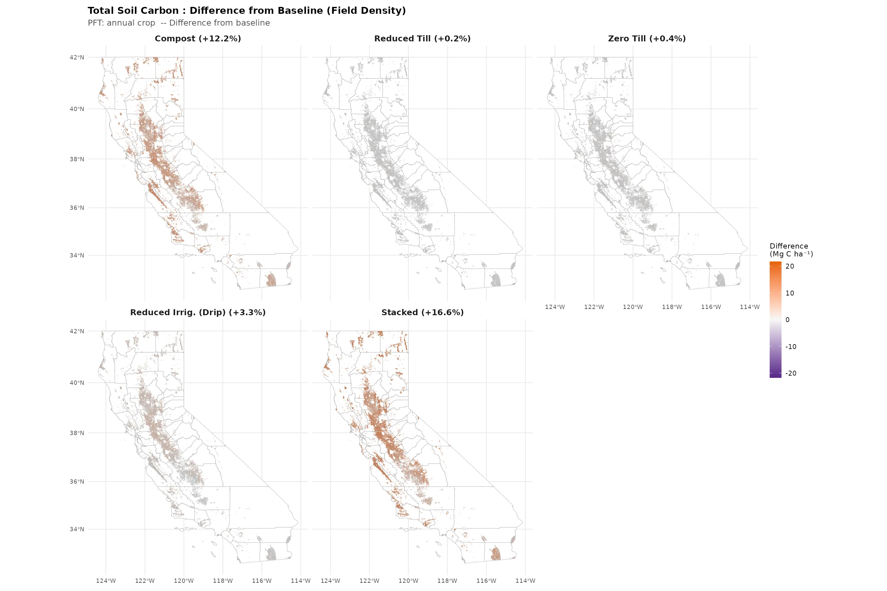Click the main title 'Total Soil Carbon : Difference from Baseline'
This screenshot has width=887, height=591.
pos(247,11)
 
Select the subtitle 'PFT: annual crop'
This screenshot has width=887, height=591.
pos(122,23)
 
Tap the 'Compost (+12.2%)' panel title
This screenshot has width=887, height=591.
pos(198,38)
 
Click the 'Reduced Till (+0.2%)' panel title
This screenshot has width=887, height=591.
pos(422,38)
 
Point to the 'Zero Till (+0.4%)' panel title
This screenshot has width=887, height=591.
pos(647,38)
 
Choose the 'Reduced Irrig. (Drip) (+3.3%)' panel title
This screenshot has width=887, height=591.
pos(198,313)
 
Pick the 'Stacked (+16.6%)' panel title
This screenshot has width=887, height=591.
pos(422,313)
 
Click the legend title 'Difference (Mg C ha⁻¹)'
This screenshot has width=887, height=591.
pos(791,250)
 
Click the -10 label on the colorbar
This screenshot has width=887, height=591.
pos(791,347)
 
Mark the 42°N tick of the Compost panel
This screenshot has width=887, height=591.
pos(77,57)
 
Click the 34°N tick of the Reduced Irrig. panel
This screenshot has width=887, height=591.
pos(77,529)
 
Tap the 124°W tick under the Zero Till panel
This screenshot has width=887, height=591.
pos(555,307)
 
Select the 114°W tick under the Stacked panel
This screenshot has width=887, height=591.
pos(525,581)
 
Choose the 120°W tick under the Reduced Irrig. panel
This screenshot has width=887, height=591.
pos(184,581)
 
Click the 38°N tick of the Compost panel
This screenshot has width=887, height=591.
pos(77,159)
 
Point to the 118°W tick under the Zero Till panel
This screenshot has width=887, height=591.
pos(672,307)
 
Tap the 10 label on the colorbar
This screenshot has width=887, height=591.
pos(790,293)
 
